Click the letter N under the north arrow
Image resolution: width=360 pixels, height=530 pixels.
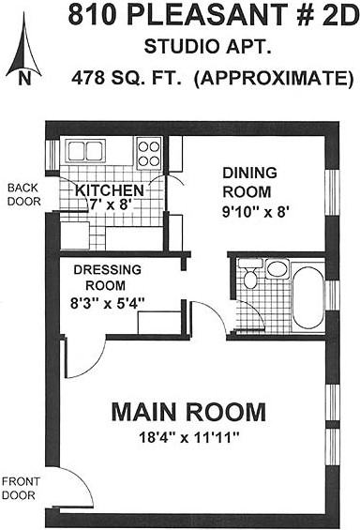point(24,79)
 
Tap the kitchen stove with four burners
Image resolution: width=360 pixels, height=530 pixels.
point(148,153)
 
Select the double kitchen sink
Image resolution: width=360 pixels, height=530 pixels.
point(85,150)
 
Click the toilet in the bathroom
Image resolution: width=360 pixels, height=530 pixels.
point(250,274)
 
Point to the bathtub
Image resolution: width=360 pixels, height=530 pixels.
point(307,297)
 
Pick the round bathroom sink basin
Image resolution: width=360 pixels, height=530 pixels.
point(277,269)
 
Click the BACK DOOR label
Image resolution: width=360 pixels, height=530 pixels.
point(24,195)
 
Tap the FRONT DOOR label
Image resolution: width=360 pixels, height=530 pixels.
point(21,489)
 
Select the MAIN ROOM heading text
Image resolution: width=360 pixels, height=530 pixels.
point(188,412)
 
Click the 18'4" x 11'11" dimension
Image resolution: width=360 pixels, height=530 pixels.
point(189,438)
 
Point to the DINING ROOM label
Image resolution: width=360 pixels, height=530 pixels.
point(249,183)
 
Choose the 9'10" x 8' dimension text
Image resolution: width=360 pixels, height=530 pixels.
point(256,212)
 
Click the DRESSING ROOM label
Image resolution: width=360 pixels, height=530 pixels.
point(108,278)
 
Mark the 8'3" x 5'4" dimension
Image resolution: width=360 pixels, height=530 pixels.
point(108,303)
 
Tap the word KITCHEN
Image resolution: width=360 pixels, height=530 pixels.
point(110,190)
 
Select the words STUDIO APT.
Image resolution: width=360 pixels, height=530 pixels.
point(208,47)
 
